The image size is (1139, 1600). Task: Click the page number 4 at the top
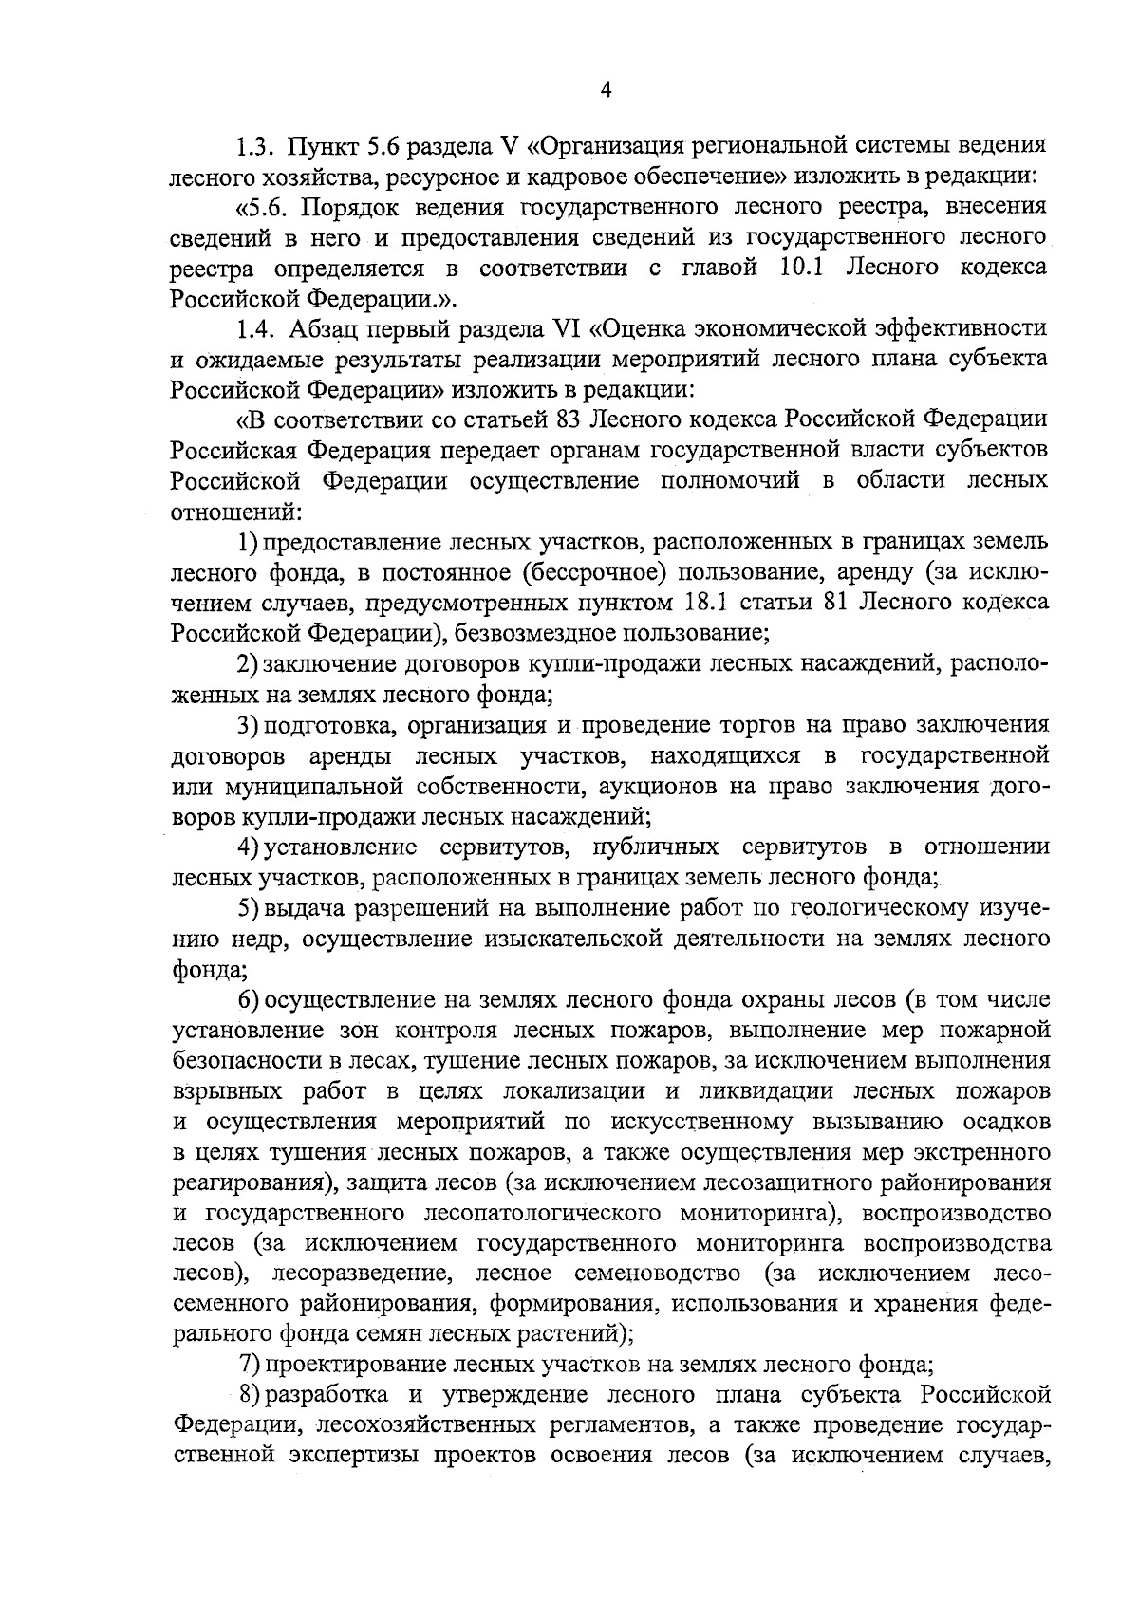click(x=607, y=90)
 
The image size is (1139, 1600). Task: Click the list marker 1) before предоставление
click(x=248, y=542)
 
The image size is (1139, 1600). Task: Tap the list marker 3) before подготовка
click(x=248, y=725)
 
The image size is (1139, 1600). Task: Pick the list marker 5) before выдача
click(x=248, y=908)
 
